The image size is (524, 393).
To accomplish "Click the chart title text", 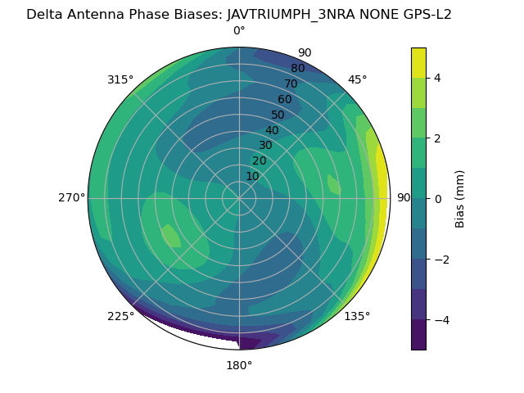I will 239,14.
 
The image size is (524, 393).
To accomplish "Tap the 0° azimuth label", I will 239,31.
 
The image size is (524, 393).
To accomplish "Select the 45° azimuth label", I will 357,79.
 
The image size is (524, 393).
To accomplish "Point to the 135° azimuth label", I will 357,316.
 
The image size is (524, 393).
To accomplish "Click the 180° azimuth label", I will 239,365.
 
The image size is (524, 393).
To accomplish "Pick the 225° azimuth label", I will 120,316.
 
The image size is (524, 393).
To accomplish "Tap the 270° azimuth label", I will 71,197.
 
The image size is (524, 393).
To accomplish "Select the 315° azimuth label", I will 120,79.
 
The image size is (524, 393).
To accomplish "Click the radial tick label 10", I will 252,176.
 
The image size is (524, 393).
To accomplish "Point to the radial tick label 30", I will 265,146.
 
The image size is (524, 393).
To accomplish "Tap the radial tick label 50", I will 278,115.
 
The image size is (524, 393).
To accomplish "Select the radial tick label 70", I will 291,84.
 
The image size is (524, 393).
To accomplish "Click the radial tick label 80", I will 297,69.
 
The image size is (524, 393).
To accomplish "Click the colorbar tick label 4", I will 438,78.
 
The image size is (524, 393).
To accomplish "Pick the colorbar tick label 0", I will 438,199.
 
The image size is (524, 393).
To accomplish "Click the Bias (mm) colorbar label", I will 460,199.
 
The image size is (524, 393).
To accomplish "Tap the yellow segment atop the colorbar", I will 418,62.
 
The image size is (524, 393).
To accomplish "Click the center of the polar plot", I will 239,198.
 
